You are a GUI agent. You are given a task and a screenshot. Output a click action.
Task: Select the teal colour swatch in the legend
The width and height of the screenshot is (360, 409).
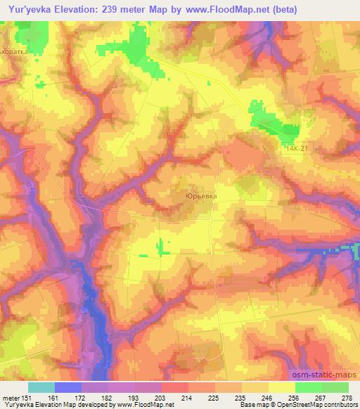(41, 387)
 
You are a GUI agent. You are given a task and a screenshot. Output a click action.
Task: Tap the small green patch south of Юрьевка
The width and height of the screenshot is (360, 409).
(163, 247)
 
